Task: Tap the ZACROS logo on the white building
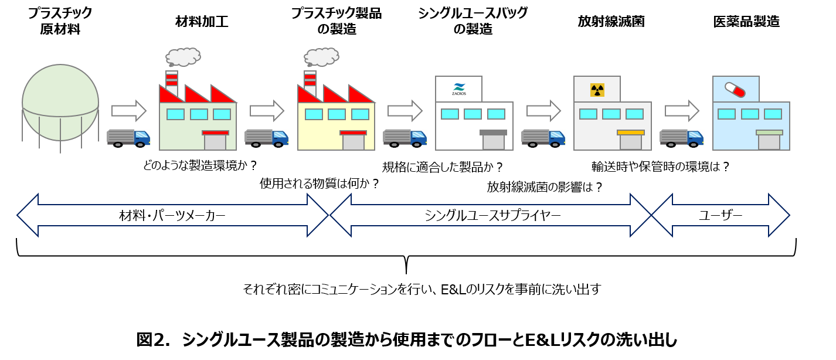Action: click(x=458, y=89)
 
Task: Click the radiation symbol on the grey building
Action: click(x=597, y=90)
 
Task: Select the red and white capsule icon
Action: click(x=735, y=89)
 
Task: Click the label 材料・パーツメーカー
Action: click(x=172, y=216)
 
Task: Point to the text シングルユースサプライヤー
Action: click(x=492, y=216)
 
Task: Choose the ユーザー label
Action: click(x=721, y=216)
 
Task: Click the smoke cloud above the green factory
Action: click(x=183, y=57)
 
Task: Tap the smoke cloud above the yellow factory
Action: click(x=321, y=57)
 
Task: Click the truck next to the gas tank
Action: click(x=129, y=138)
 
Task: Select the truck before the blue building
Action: click(x=682, y=138)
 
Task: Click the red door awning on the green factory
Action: click(x=215, y=133)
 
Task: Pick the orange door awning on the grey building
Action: click(x=630, y=133)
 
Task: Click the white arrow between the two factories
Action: click(x=267, y=110)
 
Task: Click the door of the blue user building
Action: click(x=769, y=142)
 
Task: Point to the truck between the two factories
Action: click(x=267, y=138)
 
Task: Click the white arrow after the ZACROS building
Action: click(x=543, y=110)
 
